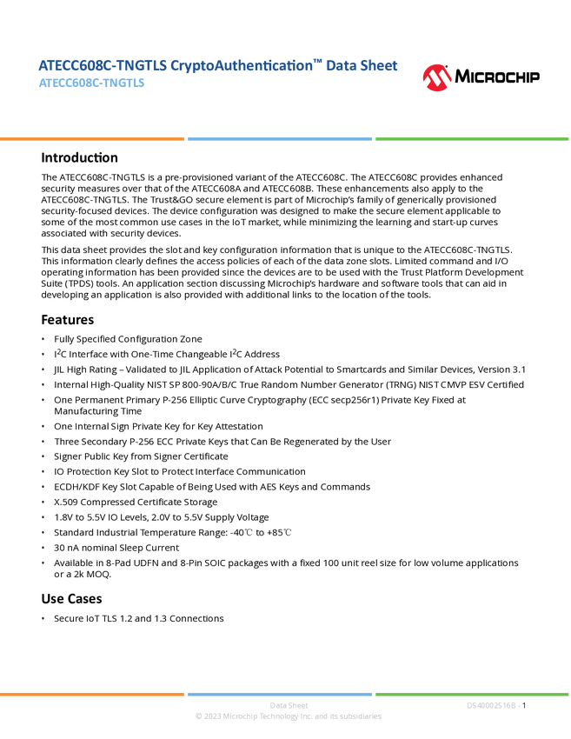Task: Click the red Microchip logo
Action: (x=437, y=78)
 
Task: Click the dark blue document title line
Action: (x=217, y=66)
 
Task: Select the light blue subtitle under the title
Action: (x=92, y=83)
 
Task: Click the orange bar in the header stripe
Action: (x=92, y=138)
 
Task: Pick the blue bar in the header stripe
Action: (x=280, y=138)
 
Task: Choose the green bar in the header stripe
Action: (x=472, y=138)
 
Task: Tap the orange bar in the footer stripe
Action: (x=92, y=694)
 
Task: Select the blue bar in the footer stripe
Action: (x=280, y=694)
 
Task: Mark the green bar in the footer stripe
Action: (x=472, y=694)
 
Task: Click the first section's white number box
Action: (x=21, y=158)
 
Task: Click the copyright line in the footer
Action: (x=288, y=717)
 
